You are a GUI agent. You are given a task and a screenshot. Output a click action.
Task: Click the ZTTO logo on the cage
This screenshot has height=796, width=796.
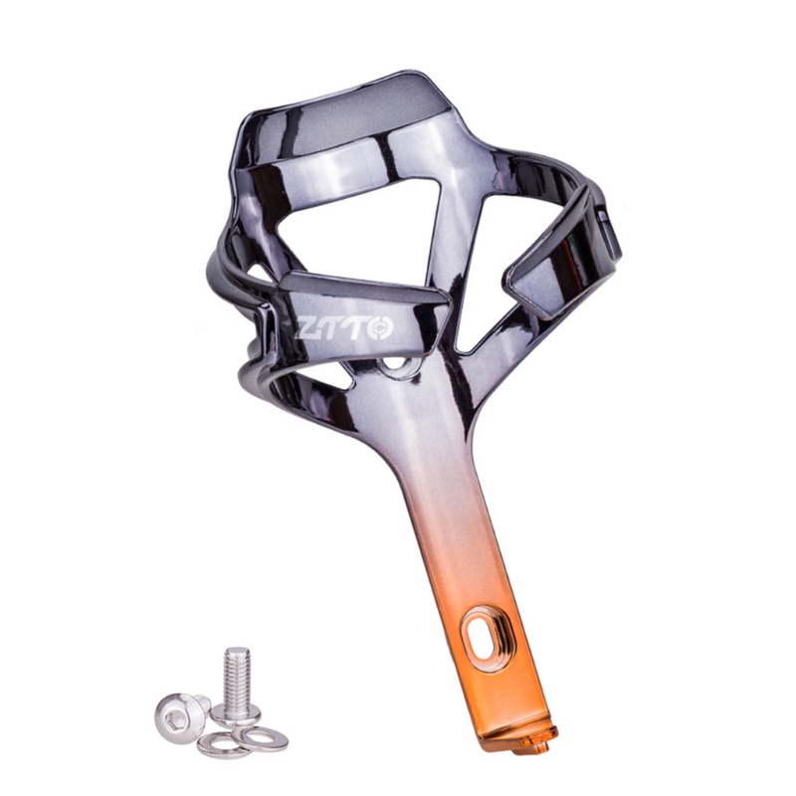click(344, 328)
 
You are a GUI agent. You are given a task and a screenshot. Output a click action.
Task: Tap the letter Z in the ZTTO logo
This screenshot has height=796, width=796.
click(307, 329)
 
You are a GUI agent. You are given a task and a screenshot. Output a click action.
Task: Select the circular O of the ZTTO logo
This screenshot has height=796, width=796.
click(380, 327)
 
